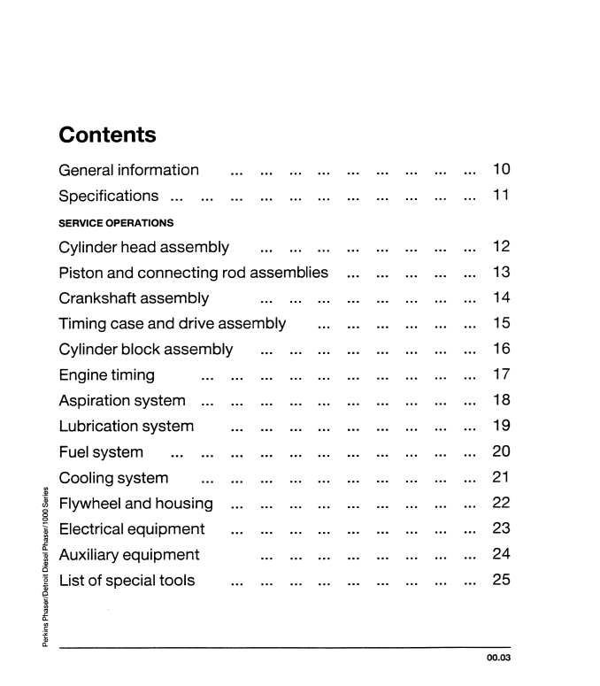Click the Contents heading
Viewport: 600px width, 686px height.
[107, 135]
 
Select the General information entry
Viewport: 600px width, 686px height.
[128, 170]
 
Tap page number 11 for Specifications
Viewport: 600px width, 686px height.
[501, 196]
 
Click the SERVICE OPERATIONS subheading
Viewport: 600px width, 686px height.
[115, 222]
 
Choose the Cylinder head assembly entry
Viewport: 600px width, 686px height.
[143, 247]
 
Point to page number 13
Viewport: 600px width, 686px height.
[501, 273]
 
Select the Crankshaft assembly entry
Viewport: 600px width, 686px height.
[134, 298]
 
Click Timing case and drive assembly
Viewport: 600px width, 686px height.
[172, 324]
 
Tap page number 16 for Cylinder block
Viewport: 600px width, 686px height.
[501, 350]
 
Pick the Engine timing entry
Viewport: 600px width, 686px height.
[106, 375]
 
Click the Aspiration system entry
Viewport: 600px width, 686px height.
[122, 401]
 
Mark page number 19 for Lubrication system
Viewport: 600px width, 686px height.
[501, 427]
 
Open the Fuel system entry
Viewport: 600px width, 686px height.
[101, 452]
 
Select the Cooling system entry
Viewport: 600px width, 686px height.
[113, 478]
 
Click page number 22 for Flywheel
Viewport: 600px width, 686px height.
[501, 504]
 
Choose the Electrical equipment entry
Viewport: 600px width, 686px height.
[132, 529]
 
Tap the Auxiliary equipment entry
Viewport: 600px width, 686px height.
[129, 555]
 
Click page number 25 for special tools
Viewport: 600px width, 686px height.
[501, 581]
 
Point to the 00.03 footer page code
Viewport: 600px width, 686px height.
[498, 658]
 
